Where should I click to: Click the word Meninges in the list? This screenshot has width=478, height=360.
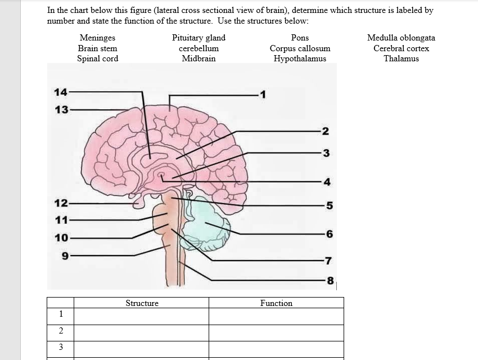point(97,38)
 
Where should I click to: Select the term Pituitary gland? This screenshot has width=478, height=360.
point(199,38)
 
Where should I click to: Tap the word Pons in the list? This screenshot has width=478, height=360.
point(300,38)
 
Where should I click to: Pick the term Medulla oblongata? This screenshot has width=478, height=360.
point(401,38)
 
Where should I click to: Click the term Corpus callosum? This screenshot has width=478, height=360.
point(300,48)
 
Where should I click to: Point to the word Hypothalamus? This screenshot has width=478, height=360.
point(300,58)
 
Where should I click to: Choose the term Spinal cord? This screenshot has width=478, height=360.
point(97,58)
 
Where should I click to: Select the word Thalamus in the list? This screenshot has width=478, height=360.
point(401,58)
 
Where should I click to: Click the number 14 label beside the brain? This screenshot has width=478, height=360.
point(60,92)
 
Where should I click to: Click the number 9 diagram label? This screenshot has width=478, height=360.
point(64,255)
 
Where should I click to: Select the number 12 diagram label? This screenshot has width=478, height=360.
point(61,203)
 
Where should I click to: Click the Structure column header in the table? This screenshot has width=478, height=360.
point(142,303)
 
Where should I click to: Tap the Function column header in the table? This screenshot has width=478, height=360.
point(276,303)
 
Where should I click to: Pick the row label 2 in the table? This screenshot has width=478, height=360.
point(60,331)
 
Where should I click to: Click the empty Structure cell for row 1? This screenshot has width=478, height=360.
point(142,316)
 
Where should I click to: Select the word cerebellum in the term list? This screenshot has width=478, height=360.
point(199,48)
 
